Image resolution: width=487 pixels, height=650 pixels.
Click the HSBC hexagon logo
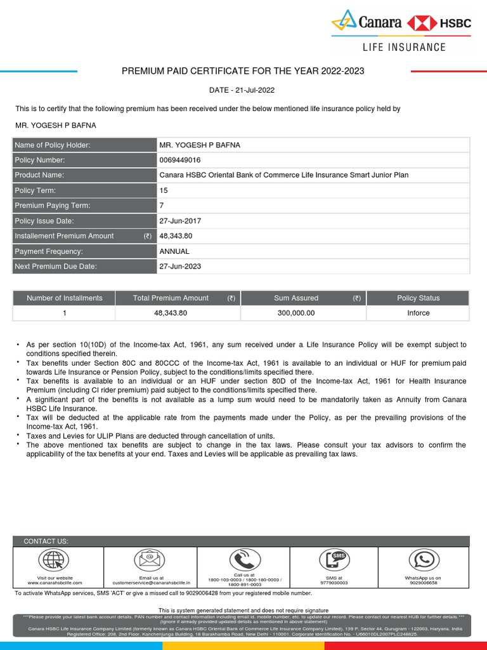[x=422, y=23]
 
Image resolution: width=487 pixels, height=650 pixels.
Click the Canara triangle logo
[x=345, y=21]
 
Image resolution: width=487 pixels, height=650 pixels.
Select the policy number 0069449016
[x=180, y=160]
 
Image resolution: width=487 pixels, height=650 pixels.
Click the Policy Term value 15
[x=164, y=190]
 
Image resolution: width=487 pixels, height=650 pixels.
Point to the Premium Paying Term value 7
[x=162, y=206]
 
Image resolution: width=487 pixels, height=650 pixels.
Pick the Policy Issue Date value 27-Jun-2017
[x=180, y=221]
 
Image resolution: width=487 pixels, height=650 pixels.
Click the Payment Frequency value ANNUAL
[x=174, y=251]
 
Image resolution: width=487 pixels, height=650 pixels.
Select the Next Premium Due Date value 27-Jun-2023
[x=180, y=267]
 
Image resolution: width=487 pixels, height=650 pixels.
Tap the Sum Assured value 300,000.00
[x=296, y=313]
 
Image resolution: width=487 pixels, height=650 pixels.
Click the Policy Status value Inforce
[x=419, y=313]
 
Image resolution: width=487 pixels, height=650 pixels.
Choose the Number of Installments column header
[x=64, y=298]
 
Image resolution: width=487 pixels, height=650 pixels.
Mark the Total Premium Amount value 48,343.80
[x=171, y=313]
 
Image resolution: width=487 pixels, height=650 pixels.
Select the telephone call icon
[x=243, y=559]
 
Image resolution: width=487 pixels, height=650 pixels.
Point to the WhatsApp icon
[x=423, y=560]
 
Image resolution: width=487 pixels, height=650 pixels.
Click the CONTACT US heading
[x=46, y=541]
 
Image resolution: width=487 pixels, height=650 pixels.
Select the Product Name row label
[x=39, y=175]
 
